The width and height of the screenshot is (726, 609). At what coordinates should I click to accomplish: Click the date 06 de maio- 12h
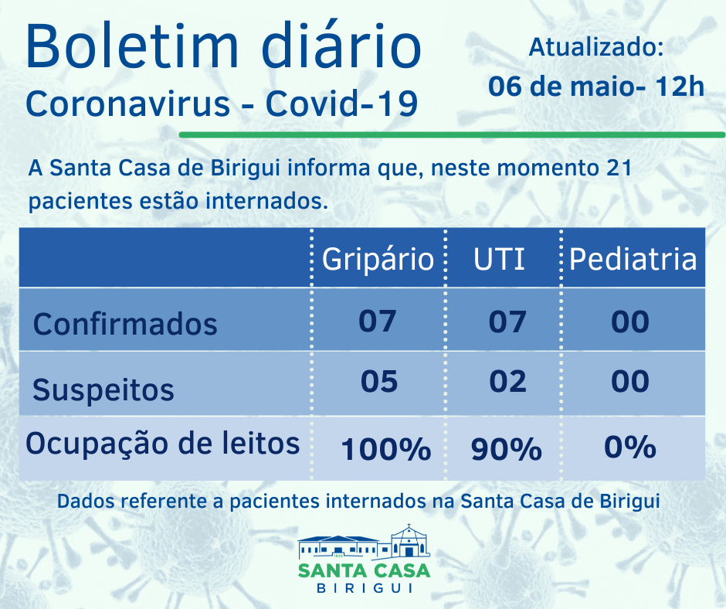pos(596,86)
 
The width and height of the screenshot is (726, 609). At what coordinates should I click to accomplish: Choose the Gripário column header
pos(378,259)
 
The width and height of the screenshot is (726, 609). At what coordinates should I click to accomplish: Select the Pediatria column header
pos(633,259)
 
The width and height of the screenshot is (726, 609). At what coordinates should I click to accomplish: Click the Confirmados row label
pos(125,324)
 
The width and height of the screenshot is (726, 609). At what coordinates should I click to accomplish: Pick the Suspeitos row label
pos(103,390)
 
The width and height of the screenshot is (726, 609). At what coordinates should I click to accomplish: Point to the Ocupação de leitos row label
pos(162,444)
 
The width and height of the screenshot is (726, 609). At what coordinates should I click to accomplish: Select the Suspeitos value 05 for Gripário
pos(378,381)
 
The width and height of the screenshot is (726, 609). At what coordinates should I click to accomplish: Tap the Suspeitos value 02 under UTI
pos(507,381)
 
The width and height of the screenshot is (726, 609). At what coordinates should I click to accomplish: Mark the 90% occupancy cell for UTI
pos(506,449)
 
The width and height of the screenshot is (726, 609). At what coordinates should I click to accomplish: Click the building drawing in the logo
pos(364,542)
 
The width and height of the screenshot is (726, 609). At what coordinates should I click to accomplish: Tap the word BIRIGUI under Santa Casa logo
pos(363,588)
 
